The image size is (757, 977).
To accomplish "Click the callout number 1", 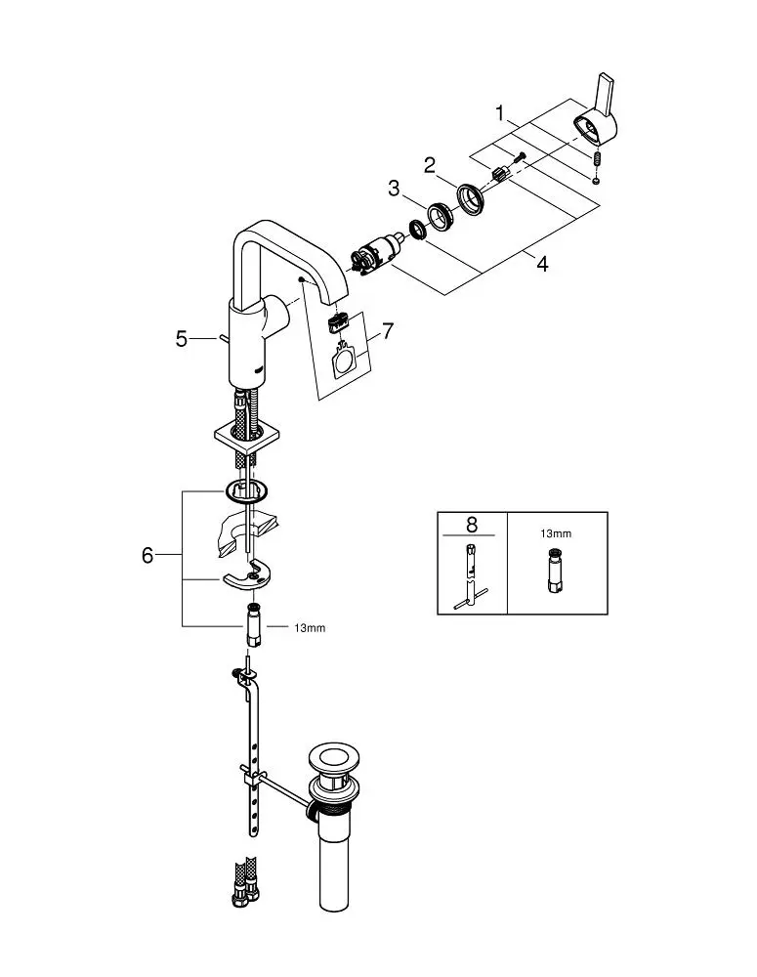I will pos(501,114).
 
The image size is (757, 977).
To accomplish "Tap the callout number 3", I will pos(395,189).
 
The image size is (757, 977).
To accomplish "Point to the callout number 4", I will pos(543,264).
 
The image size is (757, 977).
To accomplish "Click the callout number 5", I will pos(182,339).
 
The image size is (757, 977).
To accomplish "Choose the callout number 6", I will pos(147,555).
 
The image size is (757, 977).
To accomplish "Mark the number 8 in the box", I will pos(471,526).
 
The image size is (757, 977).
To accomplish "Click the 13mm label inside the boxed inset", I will pos(557,535).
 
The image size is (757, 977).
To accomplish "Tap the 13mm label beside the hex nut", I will pos(310,627).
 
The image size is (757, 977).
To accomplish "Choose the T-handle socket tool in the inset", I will pos(471,577).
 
